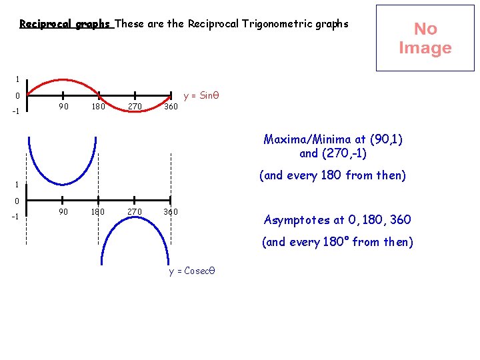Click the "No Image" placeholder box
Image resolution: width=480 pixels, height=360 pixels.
coord(425,38)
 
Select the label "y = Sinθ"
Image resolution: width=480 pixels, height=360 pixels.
coord(201,95)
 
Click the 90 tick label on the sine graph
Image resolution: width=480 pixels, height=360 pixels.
coord(63,107)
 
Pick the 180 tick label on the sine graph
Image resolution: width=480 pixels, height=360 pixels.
coord(98,107)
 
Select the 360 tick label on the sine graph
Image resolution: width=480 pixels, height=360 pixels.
coord(171,107)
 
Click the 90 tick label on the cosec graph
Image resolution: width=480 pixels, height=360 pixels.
coord(63,211)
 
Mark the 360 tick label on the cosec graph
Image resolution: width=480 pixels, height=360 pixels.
coord(171,211)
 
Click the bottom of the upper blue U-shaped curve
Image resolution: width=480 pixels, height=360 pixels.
coord(63,185)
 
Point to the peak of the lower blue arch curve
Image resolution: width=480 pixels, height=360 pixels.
coord(134,216)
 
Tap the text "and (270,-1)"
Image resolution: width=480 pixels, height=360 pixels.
coord(333,153)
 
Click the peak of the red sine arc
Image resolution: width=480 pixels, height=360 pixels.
coord(63,80)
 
